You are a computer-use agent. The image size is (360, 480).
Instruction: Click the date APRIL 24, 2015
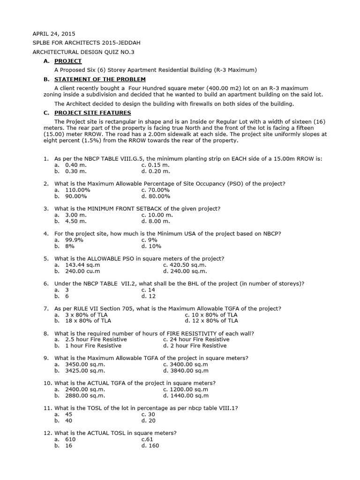pos(53,34)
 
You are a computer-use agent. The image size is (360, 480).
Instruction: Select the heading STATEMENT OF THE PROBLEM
pos(100,79)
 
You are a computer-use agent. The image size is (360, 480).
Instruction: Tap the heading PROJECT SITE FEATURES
pos(93,113)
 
